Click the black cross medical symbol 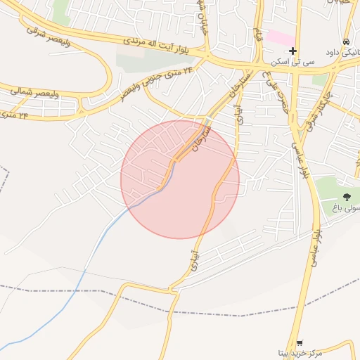[x=293, y=51]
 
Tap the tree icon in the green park [x=346, y=196]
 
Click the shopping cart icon [x=300, y=342]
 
